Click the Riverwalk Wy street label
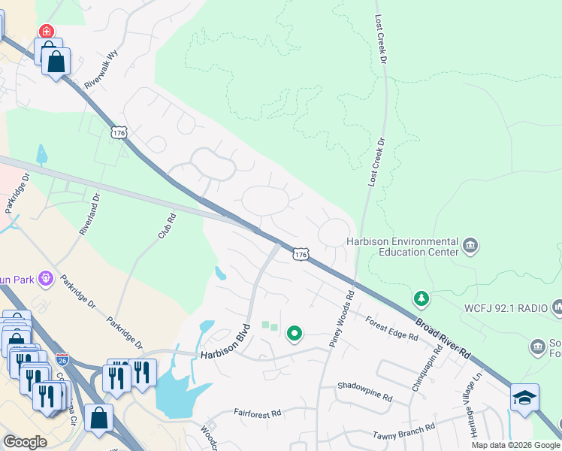[x=101, y=71]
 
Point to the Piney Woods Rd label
[x=341, y=315]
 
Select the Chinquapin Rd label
[x=423, y=368]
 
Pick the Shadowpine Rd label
[x=365, y=396]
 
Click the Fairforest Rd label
[x=257, y=413]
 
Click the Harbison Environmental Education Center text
[x=402, y=247]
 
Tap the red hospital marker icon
[x=47, y=31]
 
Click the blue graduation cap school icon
[x=524, y=398]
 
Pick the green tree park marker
[x=422, y=299]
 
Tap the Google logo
[x=25, y=442]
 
